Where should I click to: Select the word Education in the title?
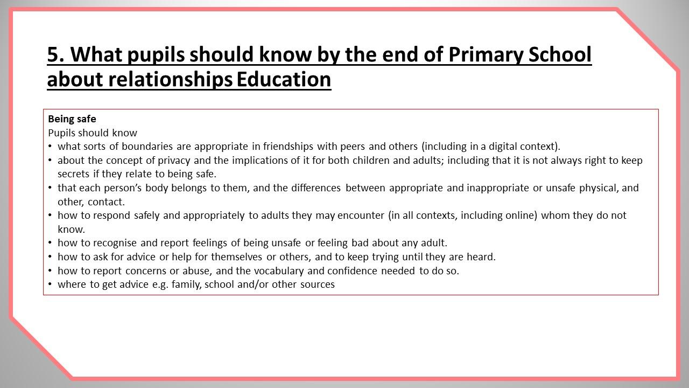click(x=284, y=79)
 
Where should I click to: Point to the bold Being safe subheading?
click(x=72, y=119)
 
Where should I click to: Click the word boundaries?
click(x=147, y=146)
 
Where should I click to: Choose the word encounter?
click(x=361, y=216)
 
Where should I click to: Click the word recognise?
click(x=115, y=243)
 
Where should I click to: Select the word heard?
click(x=481, y=257)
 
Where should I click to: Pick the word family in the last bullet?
click(x=187, y=285)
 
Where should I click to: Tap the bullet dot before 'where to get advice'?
click(x=50, y=285)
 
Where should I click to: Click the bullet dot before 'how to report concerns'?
click(x=50, y=271)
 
